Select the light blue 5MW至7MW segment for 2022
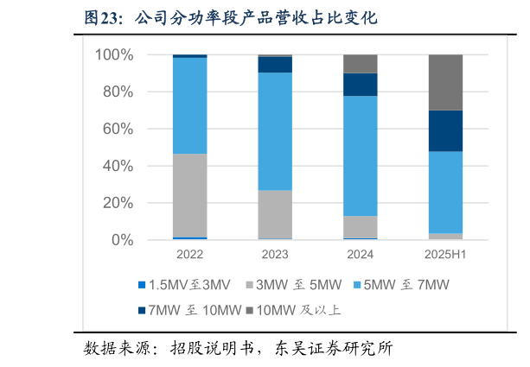[x=189, y=105]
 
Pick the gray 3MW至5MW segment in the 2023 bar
[x=275, y=214]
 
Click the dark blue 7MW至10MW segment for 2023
[x=275, y=65]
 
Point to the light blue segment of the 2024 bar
[x=361, y=155]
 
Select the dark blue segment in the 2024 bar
[x=361, y=85]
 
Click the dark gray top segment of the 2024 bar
[x=361, y=64]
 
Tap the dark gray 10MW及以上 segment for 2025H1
[x=446, y=82]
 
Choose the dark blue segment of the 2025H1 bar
[x=446, y=130]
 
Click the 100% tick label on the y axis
[x=114, y=55]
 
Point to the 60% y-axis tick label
[x=118, y=130]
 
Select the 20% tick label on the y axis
[x=118, y=203]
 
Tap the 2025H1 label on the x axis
[x=446, y=255]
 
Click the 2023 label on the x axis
[x=275, y=255]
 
